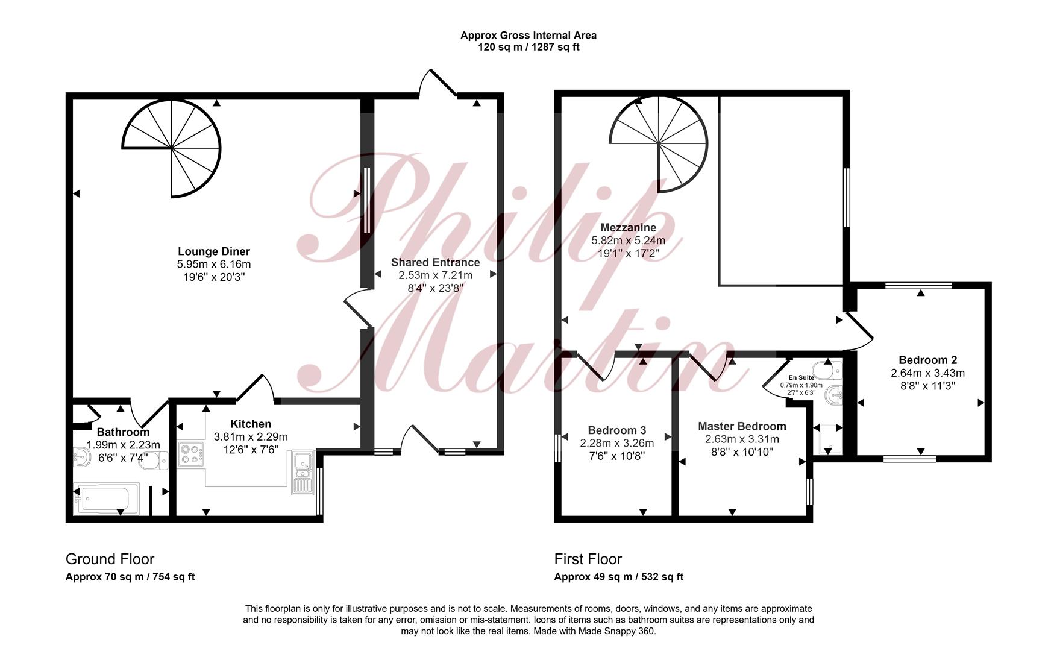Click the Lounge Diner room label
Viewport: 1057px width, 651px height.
[213, 251]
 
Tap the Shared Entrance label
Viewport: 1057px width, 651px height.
[435, 262]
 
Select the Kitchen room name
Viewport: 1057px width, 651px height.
[251, 424]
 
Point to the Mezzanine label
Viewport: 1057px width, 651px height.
[629, 228]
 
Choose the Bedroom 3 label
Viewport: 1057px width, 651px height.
[617, 430]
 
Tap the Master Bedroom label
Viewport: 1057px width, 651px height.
[742, 426]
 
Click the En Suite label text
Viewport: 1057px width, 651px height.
[801, 377]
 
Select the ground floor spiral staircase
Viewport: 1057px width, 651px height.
[172, 148]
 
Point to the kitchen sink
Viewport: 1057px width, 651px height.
[303, 472]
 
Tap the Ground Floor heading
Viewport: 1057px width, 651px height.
[110, 559]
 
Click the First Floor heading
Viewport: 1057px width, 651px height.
[588, 559]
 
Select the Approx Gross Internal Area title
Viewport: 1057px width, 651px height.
[528, 35]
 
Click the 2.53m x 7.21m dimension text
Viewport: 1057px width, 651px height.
[435, 275]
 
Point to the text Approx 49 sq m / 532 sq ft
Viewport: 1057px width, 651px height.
[619, 577]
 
